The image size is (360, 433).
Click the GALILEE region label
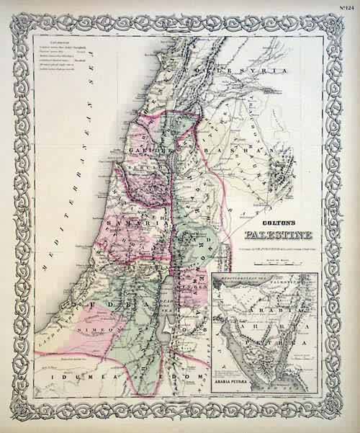pos(148,151)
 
